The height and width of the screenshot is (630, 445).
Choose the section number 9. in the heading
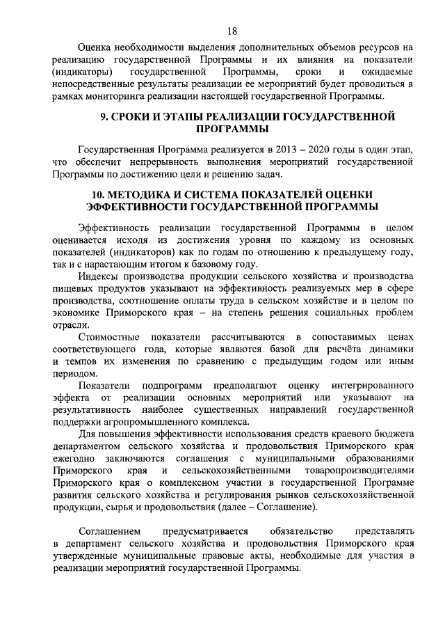(x=104, y=116)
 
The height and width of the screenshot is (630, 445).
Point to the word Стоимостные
(x=109, y=337)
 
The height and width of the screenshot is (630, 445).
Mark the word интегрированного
(x=367, y=385)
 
